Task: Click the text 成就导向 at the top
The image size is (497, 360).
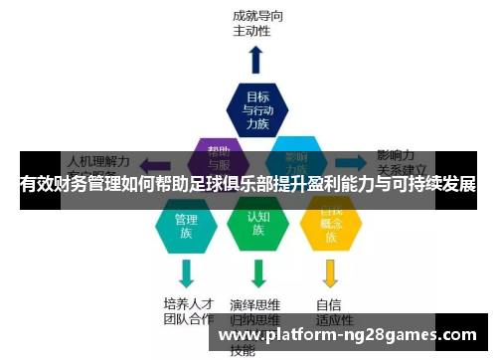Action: tap(255, 16)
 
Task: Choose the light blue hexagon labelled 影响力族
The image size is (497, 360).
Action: tap(296, 156)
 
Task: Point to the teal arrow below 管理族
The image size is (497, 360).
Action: tap(186, 272)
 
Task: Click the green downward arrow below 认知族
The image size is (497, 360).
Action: tap(258, 272)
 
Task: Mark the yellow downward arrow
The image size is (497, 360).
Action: tap(331, 272)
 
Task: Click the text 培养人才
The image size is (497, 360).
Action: tap(188, 303)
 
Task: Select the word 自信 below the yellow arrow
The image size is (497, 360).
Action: tap(329, 304)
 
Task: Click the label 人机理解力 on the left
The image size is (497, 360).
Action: tap(98, 159)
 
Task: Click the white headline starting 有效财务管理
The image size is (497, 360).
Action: tap(248, 185)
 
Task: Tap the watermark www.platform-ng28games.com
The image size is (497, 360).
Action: tap(347, 336)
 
